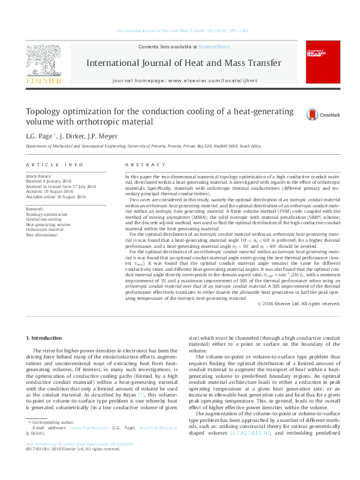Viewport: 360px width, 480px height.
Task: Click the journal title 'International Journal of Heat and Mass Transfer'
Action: click(184, 63)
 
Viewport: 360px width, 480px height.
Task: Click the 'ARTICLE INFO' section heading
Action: click(54, 164)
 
